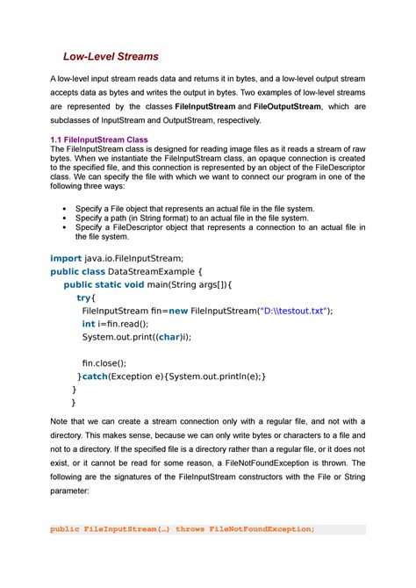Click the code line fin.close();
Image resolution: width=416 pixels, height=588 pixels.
(104, 362)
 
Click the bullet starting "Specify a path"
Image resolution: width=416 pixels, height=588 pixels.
(192, 218)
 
